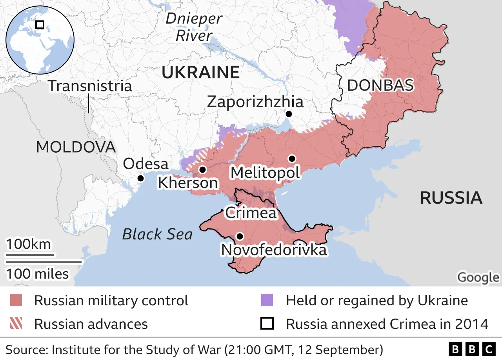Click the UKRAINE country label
click(x=200, y=73)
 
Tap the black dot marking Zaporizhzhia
click(x=289, y=114)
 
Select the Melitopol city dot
click(x=291, y=159)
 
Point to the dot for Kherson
click(x=202, y=170)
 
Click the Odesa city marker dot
click(x=140, y=178)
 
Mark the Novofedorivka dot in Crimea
click(x=240, y=236)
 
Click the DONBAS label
click(x=380, y=85)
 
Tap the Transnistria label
click(x=90, y=86)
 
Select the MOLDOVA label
click(x=76, y=147)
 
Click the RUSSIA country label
click(x=451, y=198)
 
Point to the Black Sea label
click(x=157, y=234)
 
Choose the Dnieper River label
click(x=194, y=27)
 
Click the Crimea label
click(x=251, y=213)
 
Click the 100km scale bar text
click(x=28, y=244)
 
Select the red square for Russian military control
click(x=16, y=301)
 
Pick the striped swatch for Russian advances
click(x=16, y=324)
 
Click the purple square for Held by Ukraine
click(x=267, y=301)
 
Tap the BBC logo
click(x=472, y=349)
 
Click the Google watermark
click(x=478, y=277)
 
